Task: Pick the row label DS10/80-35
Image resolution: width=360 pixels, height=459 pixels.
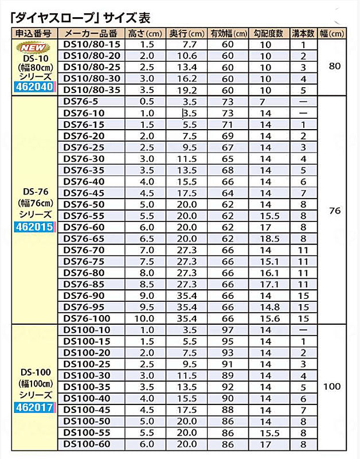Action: tap(92, 90)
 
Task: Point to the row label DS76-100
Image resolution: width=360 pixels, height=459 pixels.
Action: tap(87, 318)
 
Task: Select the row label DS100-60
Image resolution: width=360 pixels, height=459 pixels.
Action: tap(87, 444)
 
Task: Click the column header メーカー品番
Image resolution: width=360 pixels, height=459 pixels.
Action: tap(91, 33)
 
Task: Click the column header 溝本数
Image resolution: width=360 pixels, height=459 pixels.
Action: tap(303, 33)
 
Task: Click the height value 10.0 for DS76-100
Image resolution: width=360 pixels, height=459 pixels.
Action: tap(148, 318)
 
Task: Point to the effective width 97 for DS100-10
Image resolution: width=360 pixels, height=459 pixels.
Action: tap(228, 330)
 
